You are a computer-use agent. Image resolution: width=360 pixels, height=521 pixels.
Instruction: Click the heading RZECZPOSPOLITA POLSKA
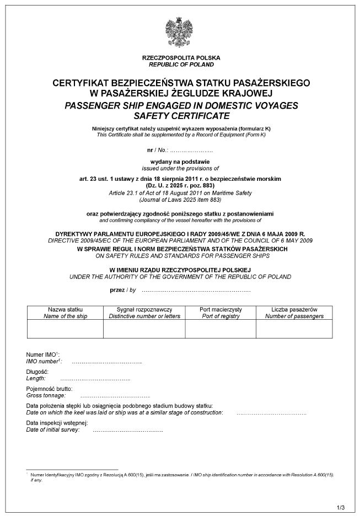coord(181,58)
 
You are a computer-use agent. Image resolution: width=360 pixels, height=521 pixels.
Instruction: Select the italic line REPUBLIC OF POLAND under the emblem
coord(181,65)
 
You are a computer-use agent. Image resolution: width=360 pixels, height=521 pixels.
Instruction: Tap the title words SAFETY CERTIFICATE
coord(181,116)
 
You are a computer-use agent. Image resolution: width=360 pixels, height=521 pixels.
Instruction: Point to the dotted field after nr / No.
coord(191,150)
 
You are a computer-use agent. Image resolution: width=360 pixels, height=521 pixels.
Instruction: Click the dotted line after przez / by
coord(196,290)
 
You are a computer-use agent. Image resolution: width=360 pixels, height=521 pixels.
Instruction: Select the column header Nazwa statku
coord(65,310)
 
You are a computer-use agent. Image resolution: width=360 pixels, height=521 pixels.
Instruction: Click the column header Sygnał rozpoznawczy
coord(144,310)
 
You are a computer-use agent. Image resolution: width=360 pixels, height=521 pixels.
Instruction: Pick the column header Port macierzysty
coord(221,310)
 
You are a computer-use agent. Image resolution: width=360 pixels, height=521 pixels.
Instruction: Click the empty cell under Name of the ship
coord(65,329)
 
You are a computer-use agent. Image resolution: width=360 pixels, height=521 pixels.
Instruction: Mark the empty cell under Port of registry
coord(221,329)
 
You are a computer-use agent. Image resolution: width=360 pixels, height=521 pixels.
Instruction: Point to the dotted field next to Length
coord(95,379)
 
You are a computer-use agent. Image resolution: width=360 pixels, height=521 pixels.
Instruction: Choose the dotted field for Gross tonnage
coord(115,396)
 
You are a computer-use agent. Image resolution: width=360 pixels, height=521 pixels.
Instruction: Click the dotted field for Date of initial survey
coord(128,430)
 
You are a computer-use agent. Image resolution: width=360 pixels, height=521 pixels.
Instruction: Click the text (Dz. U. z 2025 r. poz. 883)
coord(181,186)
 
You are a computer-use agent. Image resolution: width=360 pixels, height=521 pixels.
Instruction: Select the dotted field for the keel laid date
coord(271,413)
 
